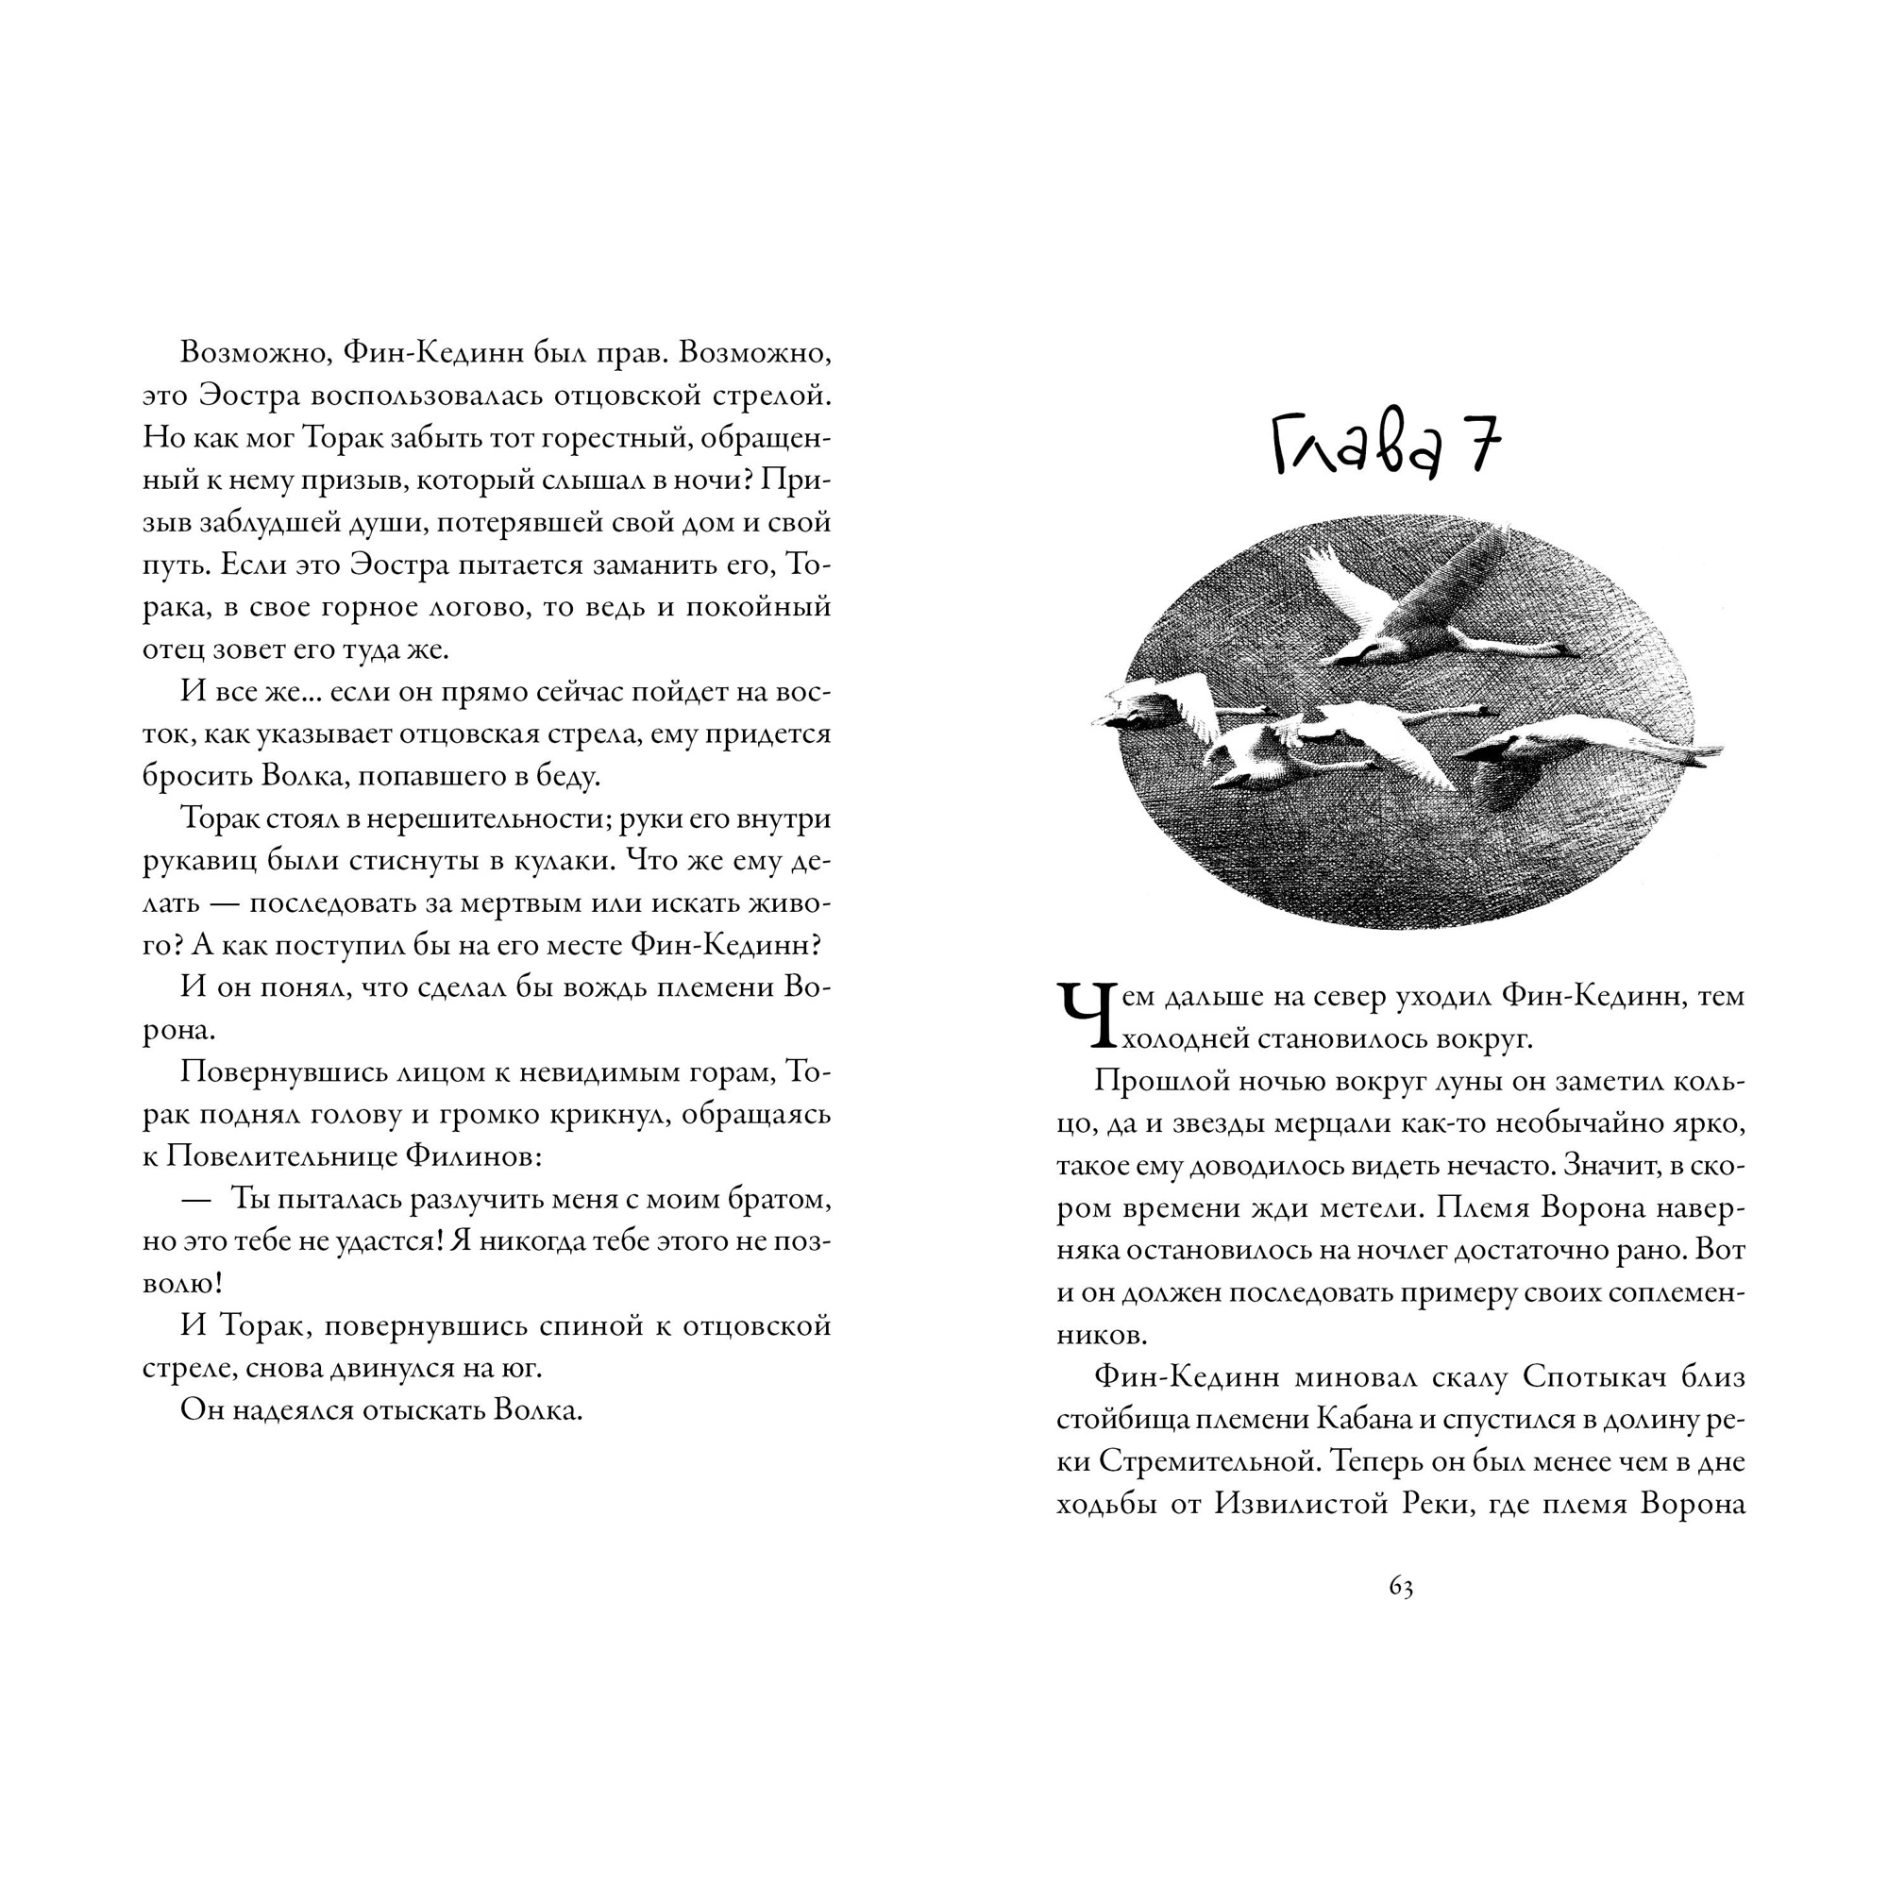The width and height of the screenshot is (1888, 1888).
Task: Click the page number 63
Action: [x=1400, y=1588]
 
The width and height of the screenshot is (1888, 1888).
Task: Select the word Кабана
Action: [x=1363, y=1420]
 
